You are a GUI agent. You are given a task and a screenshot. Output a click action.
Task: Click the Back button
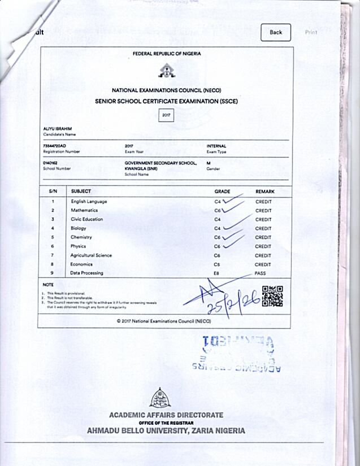click(x=276, y=32)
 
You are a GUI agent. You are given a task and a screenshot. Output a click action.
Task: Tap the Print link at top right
click(x=311, y=32)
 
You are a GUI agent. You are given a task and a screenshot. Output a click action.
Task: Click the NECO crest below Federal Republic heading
click(x=166, y=71)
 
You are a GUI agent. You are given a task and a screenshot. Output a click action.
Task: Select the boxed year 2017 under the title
click(x=166, y=115)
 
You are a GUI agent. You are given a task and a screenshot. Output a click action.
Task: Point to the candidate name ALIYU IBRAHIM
click(x=57, y=129)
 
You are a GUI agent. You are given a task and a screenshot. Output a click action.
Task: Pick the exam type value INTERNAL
click(x=216, y=146)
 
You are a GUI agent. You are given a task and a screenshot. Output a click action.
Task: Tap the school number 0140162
click(x=50, y=163)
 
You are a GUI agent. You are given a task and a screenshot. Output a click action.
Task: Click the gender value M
click(x=209, y=163)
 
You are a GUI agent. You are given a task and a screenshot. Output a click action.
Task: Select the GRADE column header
click(x=222, y=191)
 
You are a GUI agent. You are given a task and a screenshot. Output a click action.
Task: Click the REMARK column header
click(x=265, y=191)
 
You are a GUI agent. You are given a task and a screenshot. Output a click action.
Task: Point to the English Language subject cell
click(x=89, y=202)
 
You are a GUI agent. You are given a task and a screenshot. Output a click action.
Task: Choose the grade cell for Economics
click(x=217, y=264)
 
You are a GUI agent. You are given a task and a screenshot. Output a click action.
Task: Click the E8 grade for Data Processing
click(x=217, y=273)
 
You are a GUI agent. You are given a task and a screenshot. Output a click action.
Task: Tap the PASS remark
click(x=261, y=273)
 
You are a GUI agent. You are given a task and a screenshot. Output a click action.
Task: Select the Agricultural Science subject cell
click(x=91, y=255)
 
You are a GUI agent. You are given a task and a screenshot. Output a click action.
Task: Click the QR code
click(x=272, y=297)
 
